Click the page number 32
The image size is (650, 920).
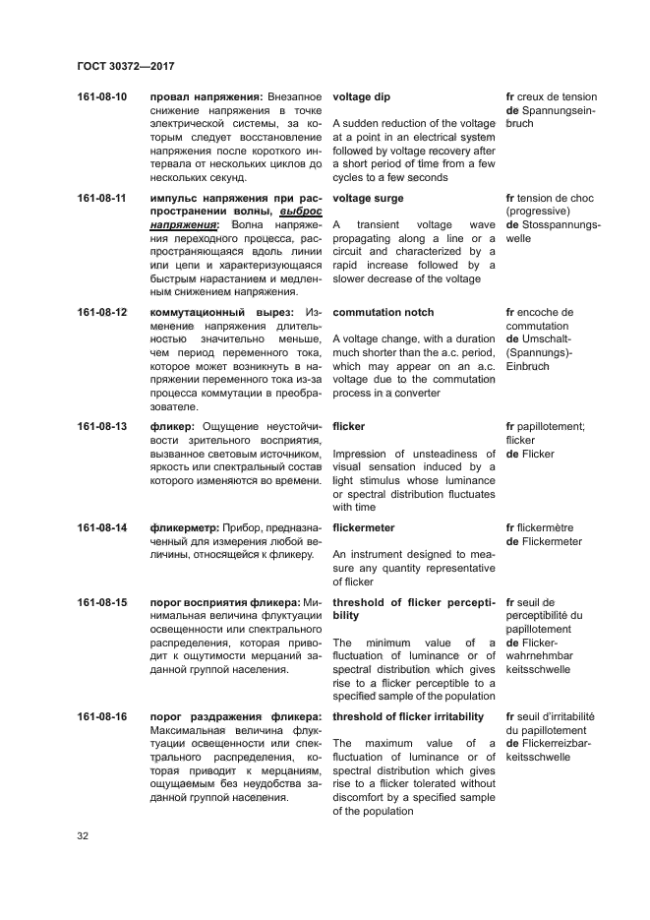pos(84,835)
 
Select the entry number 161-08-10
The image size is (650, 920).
pos(101,97)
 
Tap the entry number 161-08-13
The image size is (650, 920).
pos(101,426)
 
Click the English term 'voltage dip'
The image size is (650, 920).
pos(363,97)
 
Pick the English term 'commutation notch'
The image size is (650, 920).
pos(383,312)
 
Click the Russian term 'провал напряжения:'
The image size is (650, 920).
pos(206,97)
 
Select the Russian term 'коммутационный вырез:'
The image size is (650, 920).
pos(220,312)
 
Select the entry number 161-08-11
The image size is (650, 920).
pos(101,198)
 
